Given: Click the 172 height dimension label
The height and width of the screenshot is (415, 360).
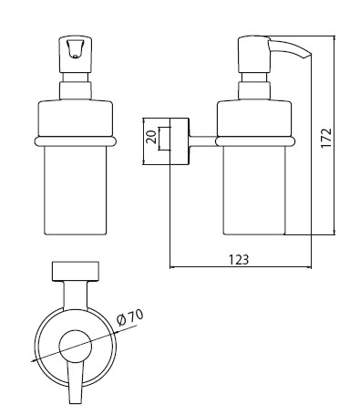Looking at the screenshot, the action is click(x=326, y=138).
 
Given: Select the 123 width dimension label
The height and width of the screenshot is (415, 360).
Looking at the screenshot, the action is click(x=239, y=260).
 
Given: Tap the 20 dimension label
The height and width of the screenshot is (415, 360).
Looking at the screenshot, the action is click(x=151, y=137).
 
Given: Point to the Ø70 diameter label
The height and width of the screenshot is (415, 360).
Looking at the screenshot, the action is click(x=130, y=317).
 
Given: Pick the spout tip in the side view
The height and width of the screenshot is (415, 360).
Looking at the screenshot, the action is click(x=307, y=56).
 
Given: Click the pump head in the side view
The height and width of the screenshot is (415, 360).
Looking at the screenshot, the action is click(x=254, y=55).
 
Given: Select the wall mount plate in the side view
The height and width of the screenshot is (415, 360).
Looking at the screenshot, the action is click(x=180, y=141).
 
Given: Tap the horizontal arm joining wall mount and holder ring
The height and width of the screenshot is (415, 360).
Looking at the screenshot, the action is click(x=203, y=141).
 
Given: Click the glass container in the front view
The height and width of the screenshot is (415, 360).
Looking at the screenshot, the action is click(x=76, y=191).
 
